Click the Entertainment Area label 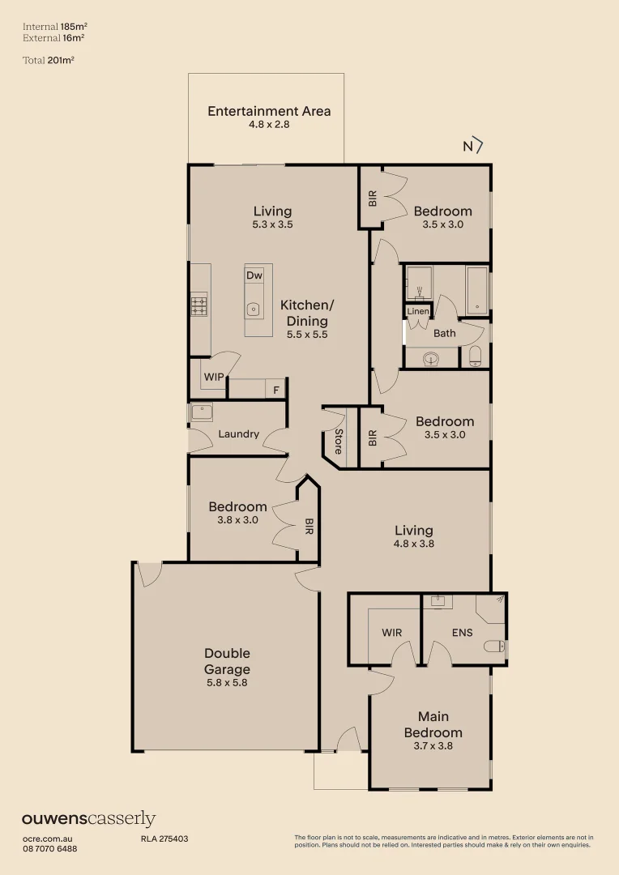(x=269, y=111)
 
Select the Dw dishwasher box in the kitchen (x=254, y=275)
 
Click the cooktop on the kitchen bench (x=199, y=305)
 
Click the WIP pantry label (x=214, y=378)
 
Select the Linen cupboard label (x=418, y=311)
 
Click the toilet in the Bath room (x=476, y=355)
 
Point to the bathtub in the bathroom (x=477, y=290)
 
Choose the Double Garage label (x=227, y=661)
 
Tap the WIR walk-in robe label (x=391, y=633)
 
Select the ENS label (x=462, y=633)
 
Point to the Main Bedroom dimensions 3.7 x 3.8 (x=433, y=745)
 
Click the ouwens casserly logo (x=88, y=819)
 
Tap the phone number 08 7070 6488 (x=49, y=848)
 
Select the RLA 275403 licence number (x=164, y=839)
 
